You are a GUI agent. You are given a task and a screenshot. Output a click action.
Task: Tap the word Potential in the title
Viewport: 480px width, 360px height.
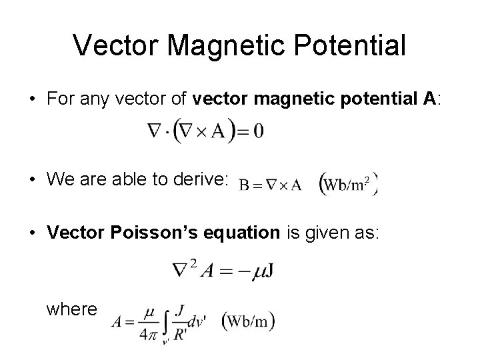coord(354,45)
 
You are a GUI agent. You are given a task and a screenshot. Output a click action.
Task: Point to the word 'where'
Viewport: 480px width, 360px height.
coord(71,309)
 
